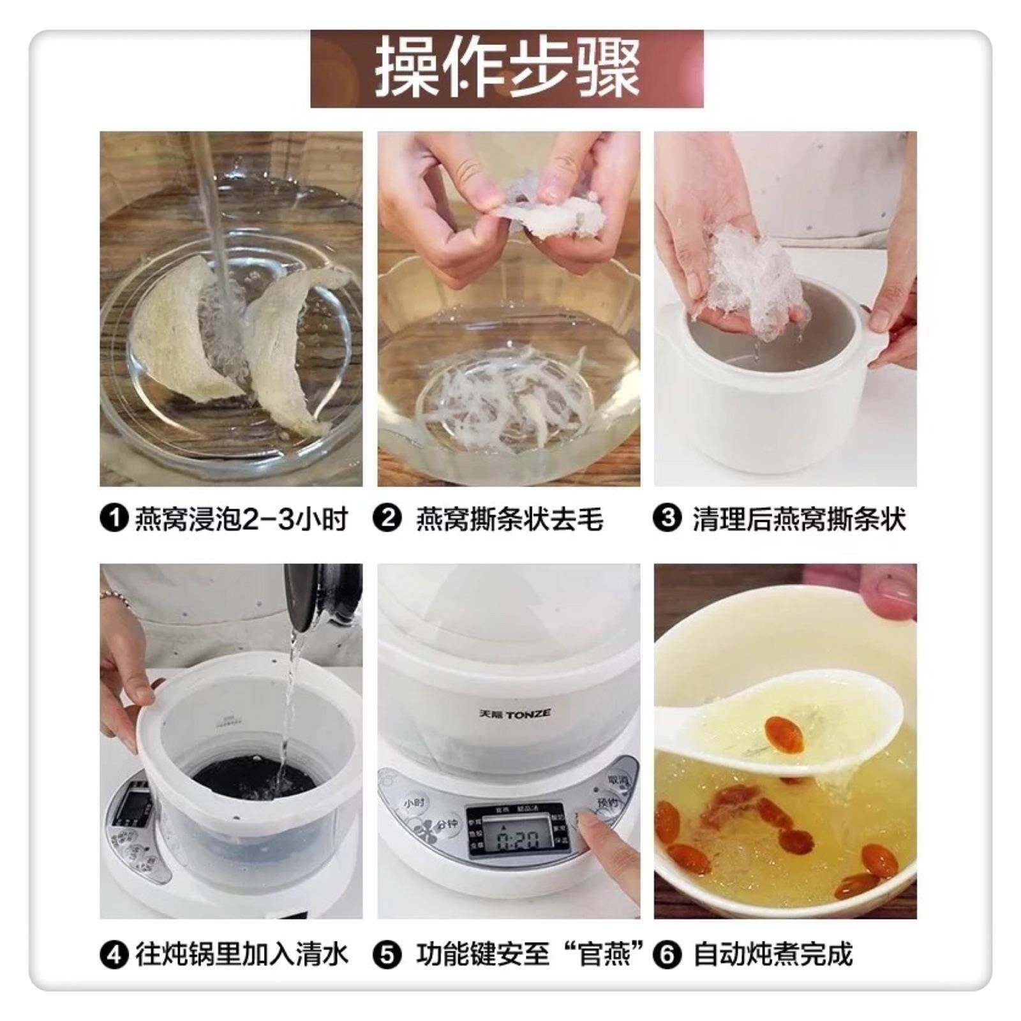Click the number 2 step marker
click(388, 519)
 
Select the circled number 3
click(667, 519)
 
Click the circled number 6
click(667, 955)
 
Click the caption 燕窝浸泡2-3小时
click(241, 519)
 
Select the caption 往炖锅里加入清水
click(241, 955)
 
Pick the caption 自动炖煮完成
click(772, 955)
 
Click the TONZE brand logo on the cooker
click(514, 713)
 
